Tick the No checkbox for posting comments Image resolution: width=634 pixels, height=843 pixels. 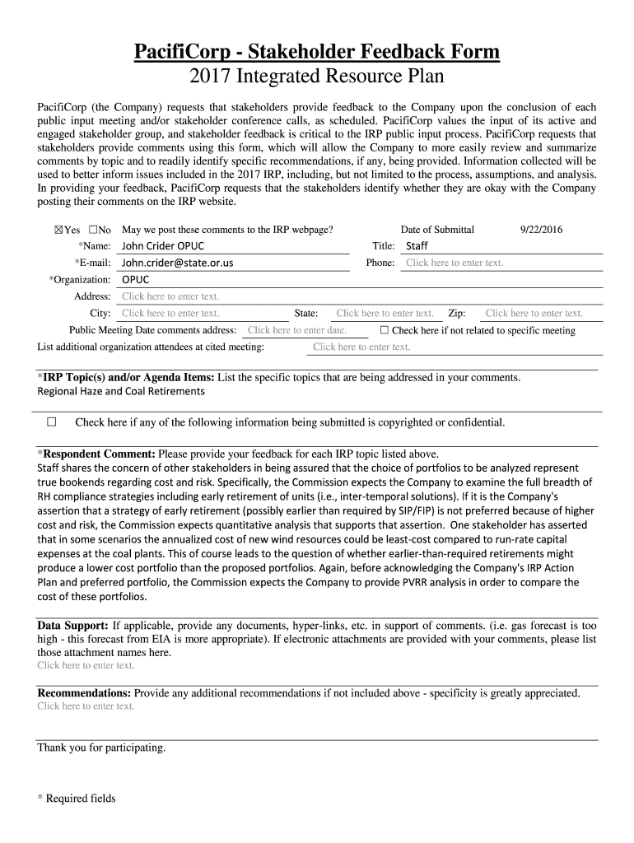coord(93,230)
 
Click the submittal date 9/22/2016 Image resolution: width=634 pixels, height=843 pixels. coord(541,230)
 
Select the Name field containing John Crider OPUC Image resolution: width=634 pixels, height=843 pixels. coord(163,246)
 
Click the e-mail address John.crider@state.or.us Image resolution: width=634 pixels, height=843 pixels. coord(177,263)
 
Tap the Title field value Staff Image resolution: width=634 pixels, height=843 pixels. coord(417,246)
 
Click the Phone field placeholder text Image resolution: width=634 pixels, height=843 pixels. coord(455,263)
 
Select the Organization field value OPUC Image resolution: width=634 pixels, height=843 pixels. coord(136,280)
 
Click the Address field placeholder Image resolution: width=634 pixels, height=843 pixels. coord(170,296)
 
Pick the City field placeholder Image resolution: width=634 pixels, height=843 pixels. coord(170,313)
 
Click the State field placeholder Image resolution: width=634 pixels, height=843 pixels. coord(385,313)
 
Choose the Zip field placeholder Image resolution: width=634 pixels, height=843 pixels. coord(534,313)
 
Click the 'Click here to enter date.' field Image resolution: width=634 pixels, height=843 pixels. coord(296,330)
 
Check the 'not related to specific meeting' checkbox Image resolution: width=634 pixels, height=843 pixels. coord(385,330)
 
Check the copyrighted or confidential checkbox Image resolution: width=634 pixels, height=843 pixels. coord(52,422)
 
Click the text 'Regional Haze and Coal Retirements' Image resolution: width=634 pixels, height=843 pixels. coord(121,391)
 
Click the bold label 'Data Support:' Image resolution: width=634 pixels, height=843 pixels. coord(73,625)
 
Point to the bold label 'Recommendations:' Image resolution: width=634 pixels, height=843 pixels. coord(84,693)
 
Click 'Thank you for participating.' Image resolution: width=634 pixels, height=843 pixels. coord(101,748)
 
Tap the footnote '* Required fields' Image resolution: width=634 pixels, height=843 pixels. coord(77,798)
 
